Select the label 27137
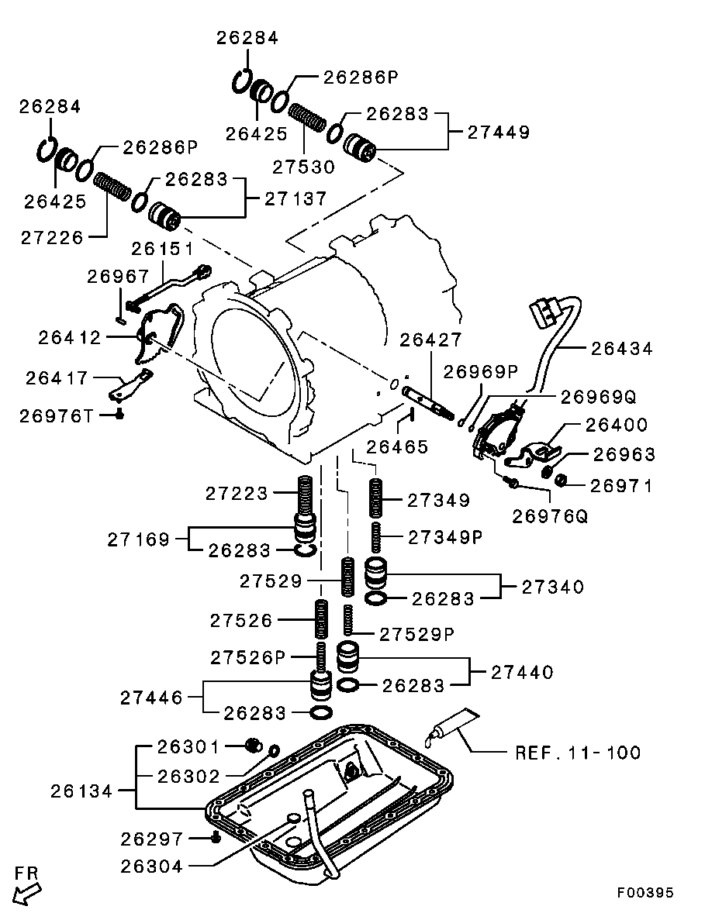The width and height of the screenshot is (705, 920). pyautogui.click(x=295, y=198)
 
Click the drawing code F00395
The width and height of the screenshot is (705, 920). pyautogui.click(x=645, y=893)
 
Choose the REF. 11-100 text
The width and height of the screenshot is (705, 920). pyautogui.click(x=578, y=752)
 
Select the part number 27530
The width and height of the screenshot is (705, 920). pyautogui.click(x=303, y=167)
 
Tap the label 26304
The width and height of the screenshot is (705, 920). pyautogui.click(x=152, y=867)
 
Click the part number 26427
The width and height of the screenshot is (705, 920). pyautogui.click(x=430, y=339)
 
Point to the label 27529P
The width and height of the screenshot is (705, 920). pyautogui.click(x=416, y=633)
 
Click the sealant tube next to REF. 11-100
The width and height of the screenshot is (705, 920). pyautogui.click(x=454, y=724)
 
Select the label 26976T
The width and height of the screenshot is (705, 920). pyautogui.click(x=57, y=416)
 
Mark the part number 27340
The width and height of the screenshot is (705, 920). pyautogui.click(x=553, y=587)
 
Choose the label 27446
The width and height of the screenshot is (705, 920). pyautogui.click(x=151, y=698)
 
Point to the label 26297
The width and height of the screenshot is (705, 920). pyautogui.click(x=152, y=839)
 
